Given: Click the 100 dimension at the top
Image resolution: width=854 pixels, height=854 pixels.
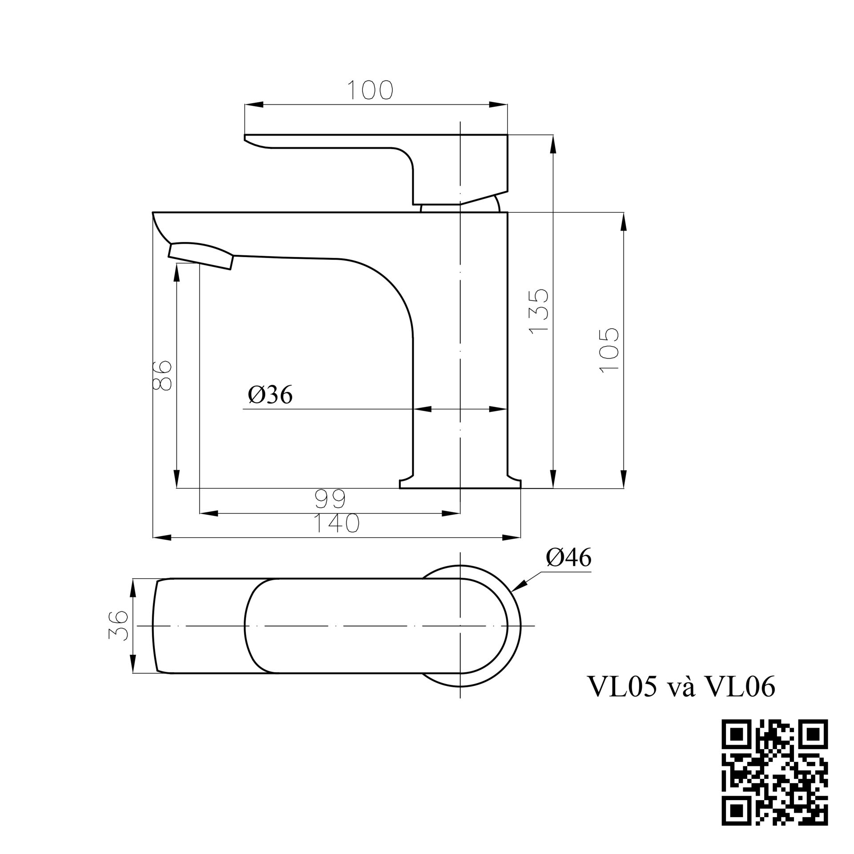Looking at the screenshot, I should tap(370, 90).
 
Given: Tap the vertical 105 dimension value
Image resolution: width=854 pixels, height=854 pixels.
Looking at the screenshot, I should tap(609, 350).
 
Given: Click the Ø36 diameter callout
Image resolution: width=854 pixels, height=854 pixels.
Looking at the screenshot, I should tap(270, 395).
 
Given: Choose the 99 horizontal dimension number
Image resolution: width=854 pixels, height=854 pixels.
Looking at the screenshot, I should tap(330, 499).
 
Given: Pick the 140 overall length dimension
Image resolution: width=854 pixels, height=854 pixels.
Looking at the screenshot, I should tap(336, 523).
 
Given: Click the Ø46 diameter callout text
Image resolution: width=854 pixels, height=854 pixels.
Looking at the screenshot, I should tap(569, 557).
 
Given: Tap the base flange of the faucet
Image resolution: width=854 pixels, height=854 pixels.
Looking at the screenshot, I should tap(460, 483).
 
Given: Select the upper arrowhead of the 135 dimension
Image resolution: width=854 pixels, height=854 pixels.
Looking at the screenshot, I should tap(553, 145).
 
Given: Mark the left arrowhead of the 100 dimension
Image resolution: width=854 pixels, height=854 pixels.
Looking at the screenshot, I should tap(254, 105).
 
